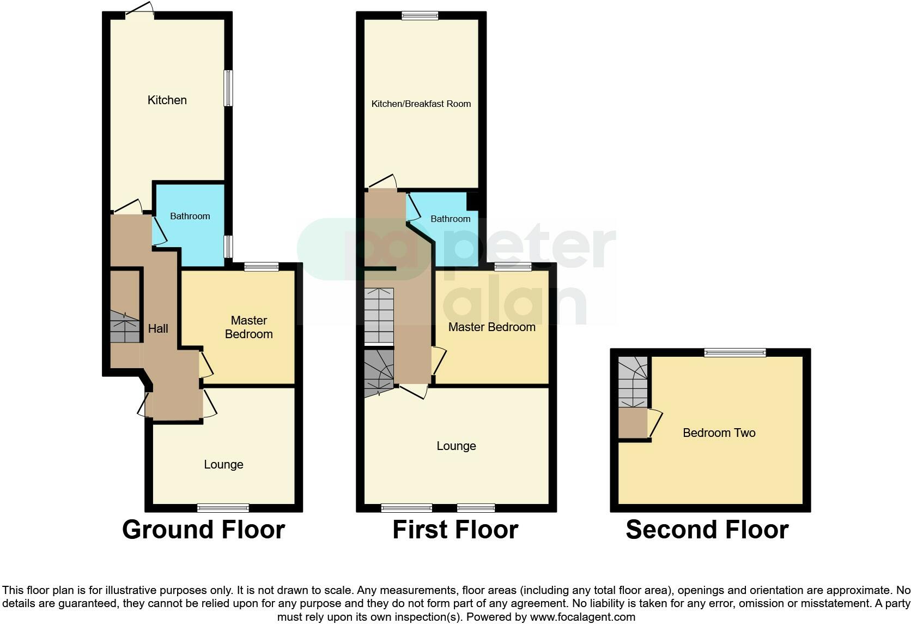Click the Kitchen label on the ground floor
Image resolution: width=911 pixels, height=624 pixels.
pos(167,100)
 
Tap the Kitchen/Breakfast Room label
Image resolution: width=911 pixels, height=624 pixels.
pos(421,104)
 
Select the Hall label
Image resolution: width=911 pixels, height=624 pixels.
pos(158,328)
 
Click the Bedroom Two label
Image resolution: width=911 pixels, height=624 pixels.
pos(719,433)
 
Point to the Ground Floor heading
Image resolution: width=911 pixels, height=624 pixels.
pos(203,530)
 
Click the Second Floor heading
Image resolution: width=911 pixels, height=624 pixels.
pos(707,530)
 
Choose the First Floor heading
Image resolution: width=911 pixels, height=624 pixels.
pos(455,530)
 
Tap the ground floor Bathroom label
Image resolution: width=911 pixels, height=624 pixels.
pos(190,216)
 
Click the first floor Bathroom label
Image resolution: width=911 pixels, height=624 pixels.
pos(450,219)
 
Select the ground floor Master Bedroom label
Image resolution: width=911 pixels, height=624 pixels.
pos(248,327)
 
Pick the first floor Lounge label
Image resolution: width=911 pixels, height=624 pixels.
pos(456,446)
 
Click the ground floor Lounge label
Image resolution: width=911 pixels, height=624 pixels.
pos(223,465)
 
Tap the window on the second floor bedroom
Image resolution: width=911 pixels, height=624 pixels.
pos(734,353)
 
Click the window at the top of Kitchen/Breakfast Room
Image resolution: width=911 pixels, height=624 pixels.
pos(420,16)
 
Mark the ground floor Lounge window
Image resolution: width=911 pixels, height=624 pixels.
pos(223,508)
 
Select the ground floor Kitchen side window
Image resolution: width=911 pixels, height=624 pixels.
pos(229,88)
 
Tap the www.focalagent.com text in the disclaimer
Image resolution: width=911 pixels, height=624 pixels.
pos(582,617)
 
